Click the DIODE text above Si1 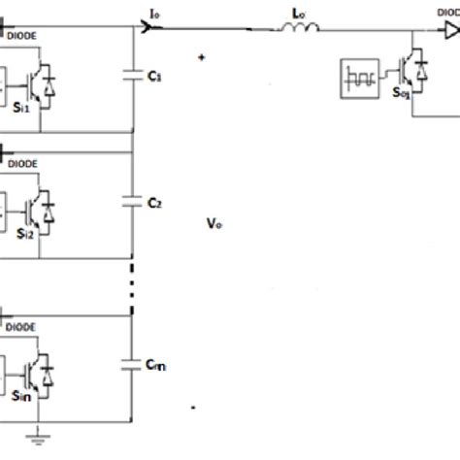pos(23,36)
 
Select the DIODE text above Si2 pos(23,165)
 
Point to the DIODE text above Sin pos(23,327)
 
